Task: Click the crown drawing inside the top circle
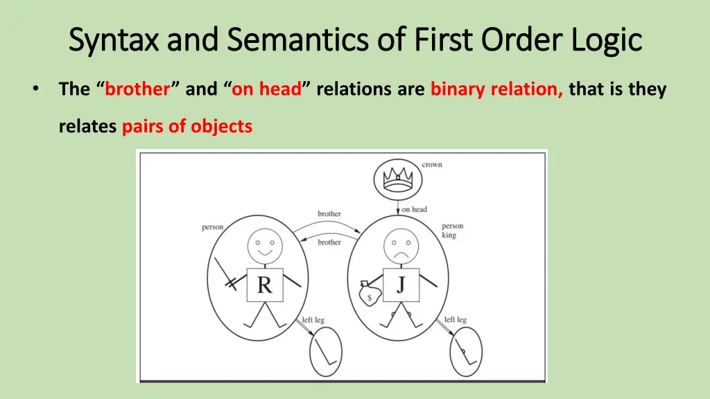click(x=398, y=180)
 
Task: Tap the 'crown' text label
click(x=431, y=164)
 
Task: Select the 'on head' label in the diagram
click(x=414, y=209)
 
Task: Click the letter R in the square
click(x=264, y=285)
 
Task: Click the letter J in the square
click(x=401, y=284)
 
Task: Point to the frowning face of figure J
click(x=401, y=246)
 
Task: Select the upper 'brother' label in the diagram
click(x=329, y=213)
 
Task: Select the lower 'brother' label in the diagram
click(x=329, y=242)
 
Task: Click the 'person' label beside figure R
click(x=212, y=227)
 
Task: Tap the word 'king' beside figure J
click(x=449, y=236)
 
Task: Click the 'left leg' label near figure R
click(x=313, y=320)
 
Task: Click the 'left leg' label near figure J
click(x=455, y=319)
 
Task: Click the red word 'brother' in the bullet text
click(x=137, y=89)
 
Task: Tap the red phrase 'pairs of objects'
click(x=187, y=127)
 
